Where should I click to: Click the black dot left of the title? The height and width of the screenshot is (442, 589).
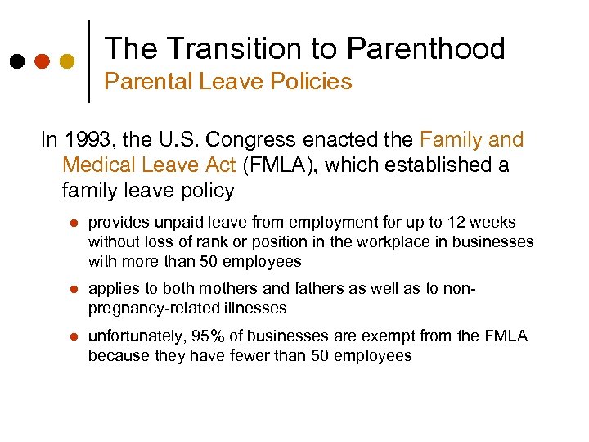click(x=17, y=61)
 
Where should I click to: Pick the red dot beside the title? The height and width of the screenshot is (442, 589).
click(x=43, y=61)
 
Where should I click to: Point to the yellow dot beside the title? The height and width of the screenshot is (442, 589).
click(x=67, y=61)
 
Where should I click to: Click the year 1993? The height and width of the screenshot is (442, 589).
click(x=86, y=140)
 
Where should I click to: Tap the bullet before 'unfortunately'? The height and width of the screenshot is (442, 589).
click(x=73, y=336)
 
